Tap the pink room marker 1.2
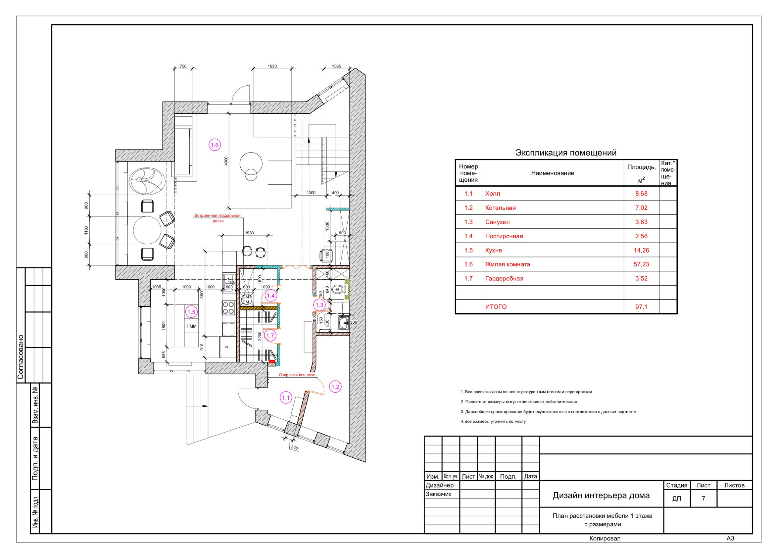(335, 387)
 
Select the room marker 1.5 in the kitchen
(191, 312)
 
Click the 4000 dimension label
(226, 161)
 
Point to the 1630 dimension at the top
(272, 66)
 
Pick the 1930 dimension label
(250, 233)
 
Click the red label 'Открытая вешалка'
(297, 375)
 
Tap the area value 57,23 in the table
(641, 264)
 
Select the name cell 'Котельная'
(500, 208)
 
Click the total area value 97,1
(641, 307)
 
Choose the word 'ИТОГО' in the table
(496, 307)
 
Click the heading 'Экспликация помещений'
(566, 153)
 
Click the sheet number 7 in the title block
(703, 498)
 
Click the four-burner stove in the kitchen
(229, 307)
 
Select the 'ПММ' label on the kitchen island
(191, 326)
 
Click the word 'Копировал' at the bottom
(605, 539)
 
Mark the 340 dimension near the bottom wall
(294, 448)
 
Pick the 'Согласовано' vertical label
(21, 357)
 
